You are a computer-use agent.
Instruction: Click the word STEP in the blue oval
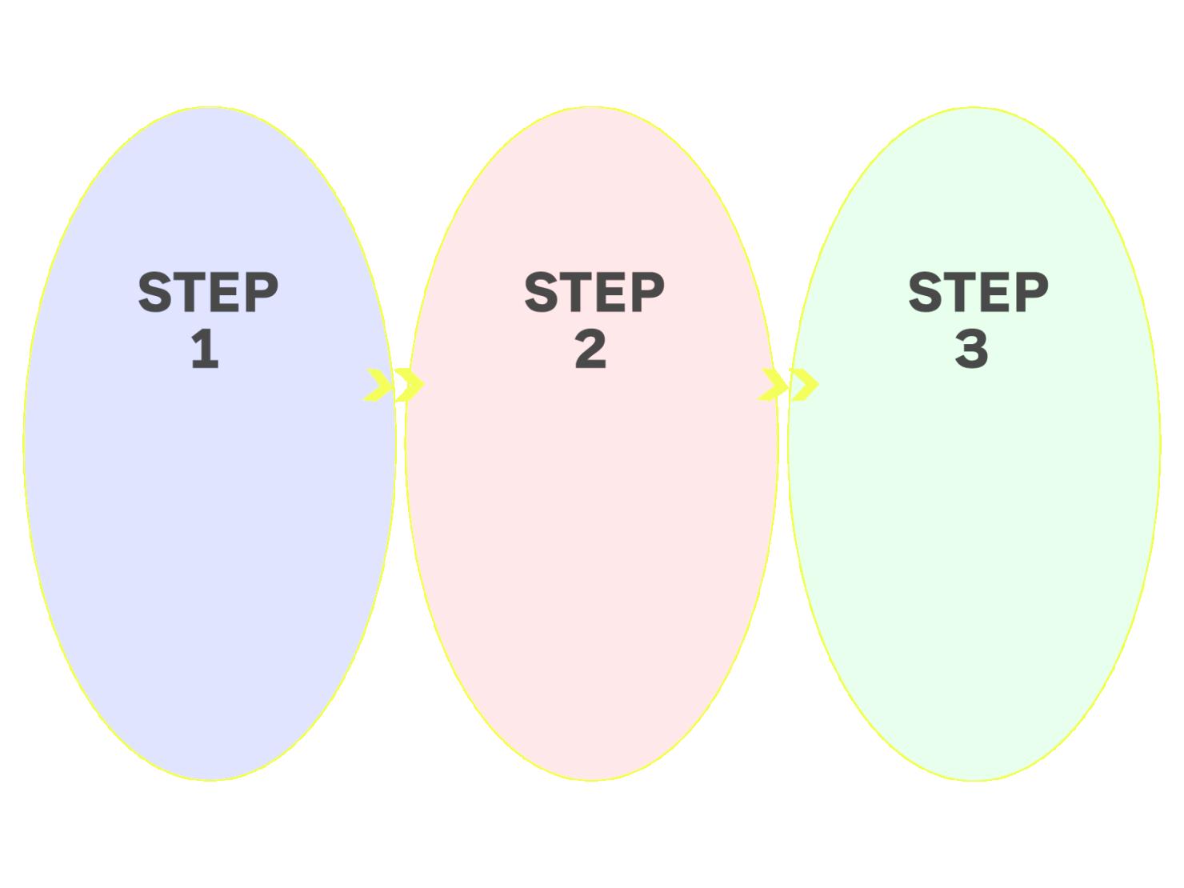(x=208, y=292)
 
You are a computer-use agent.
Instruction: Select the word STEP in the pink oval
(x=594, y=292)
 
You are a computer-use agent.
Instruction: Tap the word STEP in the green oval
(x=978, y=292)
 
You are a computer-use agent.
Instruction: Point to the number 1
(x=206, y=350)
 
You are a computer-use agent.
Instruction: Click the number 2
(x=590, y=350)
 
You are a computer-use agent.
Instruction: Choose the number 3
(x=971, y=350)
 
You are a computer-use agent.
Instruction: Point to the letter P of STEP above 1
(x=262, y=292)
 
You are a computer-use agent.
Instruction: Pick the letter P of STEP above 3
(x=1032, y=292)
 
